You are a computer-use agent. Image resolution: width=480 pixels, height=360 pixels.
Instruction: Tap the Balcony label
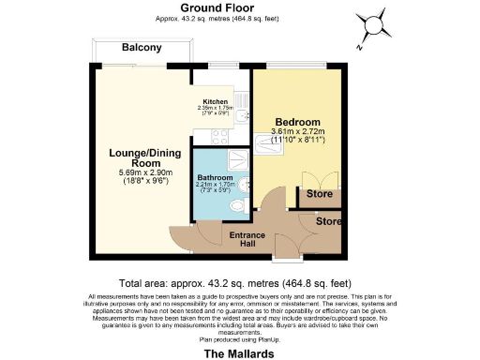click(x=142, y=48)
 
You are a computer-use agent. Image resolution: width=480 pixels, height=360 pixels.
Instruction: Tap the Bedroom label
click(x=295, y=123)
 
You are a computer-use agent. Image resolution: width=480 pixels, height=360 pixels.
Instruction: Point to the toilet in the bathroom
click(x=235, y=206)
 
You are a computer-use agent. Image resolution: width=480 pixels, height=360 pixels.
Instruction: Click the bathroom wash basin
click(x=242, y=184)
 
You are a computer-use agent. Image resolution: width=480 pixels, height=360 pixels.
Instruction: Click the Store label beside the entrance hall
click(x=329, y=222)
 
